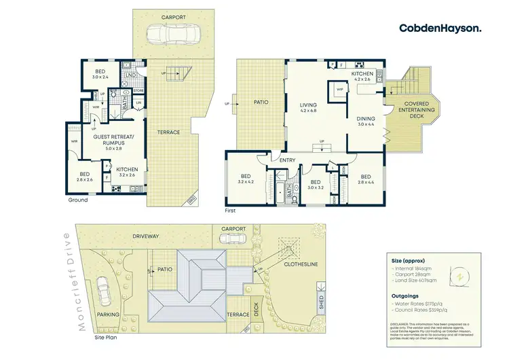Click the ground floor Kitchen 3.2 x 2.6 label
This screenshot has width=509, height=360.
pyautogui.click(x=127, y=171)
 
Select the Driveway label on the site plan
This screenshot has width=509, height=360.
pyautogui.click(x=146, y=236)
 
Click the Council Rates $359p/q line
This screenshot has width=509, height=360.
pyautogui.click(x=422, y=314)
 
